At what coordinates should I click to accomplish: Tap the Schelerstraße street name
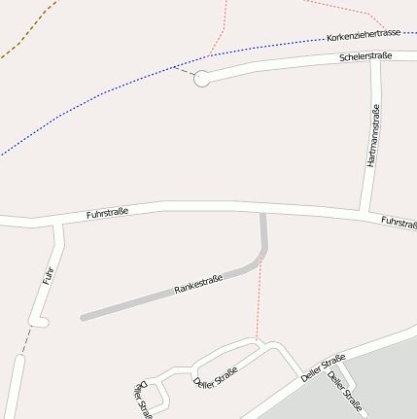coord(365,57)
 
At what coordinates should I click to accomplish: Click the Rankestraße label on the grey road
coord(198,285)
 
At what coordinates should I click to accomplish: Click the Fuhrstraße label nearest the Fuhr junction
coord(108,211)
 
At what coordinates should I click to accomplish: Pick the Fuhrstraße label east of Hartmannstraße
coord(399,223)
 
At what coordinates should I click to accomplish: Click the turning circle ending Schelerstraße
coord(202,80)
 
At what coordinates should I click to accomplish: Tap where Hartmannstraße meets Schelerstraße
coord(375,67)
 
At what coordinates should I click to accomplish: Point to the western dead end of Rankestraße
coord(84,317)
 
